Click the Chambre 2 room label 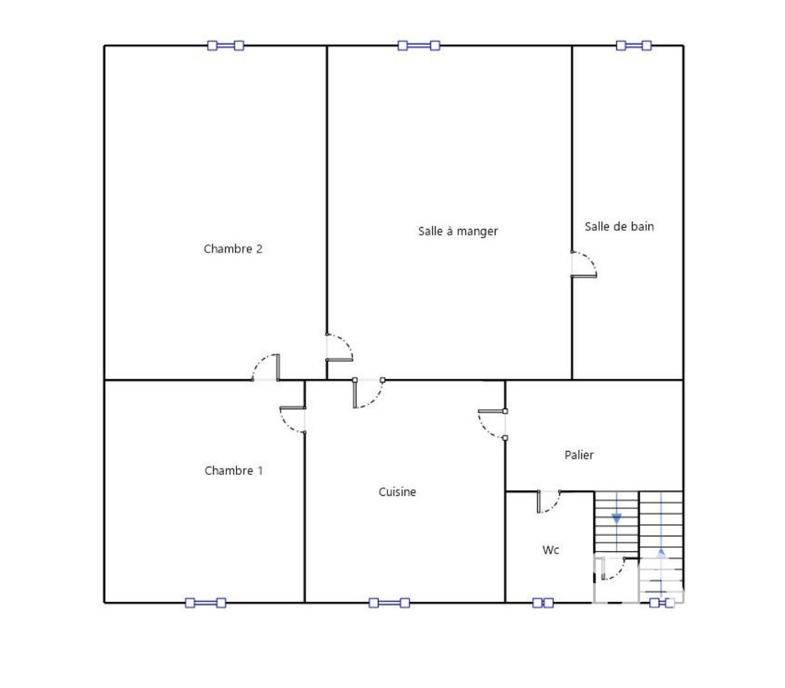[x=233, y=249]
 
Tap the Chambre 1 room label [x=234, y=470]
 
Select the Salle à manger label [x=458, y=231]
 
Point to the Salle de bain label [x=619, y=226]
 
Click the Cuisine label [x=397, y=491]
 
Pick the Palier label [x=579, y=455]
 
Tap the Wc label [x=551, y=550]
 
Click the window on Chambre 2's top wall [x=226, y=46]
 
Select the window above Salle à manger [x=419, y=46]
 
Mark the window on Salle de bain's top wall [x=633, y=46]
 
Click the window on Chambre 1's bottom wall [x=205, y=603]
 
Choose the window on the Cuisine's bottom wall [x=389, y=603]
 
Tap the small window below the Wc [x=543, y=603]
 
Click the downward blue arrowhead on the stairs [x=616, y=519]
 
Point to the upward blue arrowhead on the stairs [x=661, y=552]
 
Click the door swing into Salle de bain [x=583, y=264]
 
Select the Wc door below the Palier [x=549, y=501]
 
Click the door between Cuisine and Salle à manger [x=368, y=393]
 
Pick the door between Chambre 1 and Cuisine [x=293, y=419]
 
